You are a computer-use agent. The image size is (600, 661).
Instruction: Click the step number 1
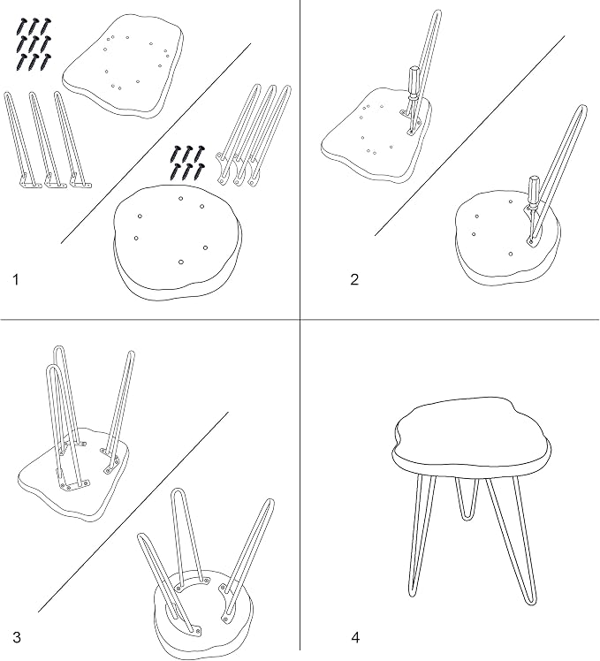pos(16,279)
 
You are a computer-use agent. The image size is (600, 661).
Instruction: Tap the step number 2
pos(354,279)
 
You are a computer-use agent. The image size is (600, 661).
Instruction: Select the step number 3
pos(17,637)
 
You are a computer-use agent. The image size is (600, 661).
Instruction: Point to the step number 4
pos(355,638)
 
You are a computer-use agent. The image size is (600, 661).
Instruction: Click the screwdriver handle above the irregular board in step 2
pos(414,81)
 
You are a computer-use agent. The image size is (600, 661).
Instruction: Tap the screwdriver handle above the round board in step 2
pos(534,189)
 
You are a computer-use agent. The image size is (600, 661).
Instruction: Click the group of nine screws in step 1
pos(34,44)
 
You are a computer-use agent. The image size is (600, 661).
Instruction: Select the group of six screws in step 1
pos(187,162)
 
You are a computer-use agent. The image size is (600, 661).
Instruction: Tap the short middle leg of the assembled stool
pos(467,498)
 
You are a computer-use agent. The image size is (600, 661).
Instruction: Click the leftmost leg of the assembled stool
pos(422,536)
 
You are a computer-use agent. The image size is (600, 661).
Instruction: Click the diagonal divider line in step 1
pos(156,143)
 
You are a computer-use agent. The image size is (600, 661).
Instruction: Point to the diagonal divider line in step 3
pos(133,512)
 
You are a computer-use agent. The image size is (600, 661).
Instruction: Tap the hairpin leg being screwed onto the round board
pos(557,175)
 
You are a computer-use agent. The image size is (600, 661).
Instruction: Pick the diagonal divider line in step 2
pos(470,135)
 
